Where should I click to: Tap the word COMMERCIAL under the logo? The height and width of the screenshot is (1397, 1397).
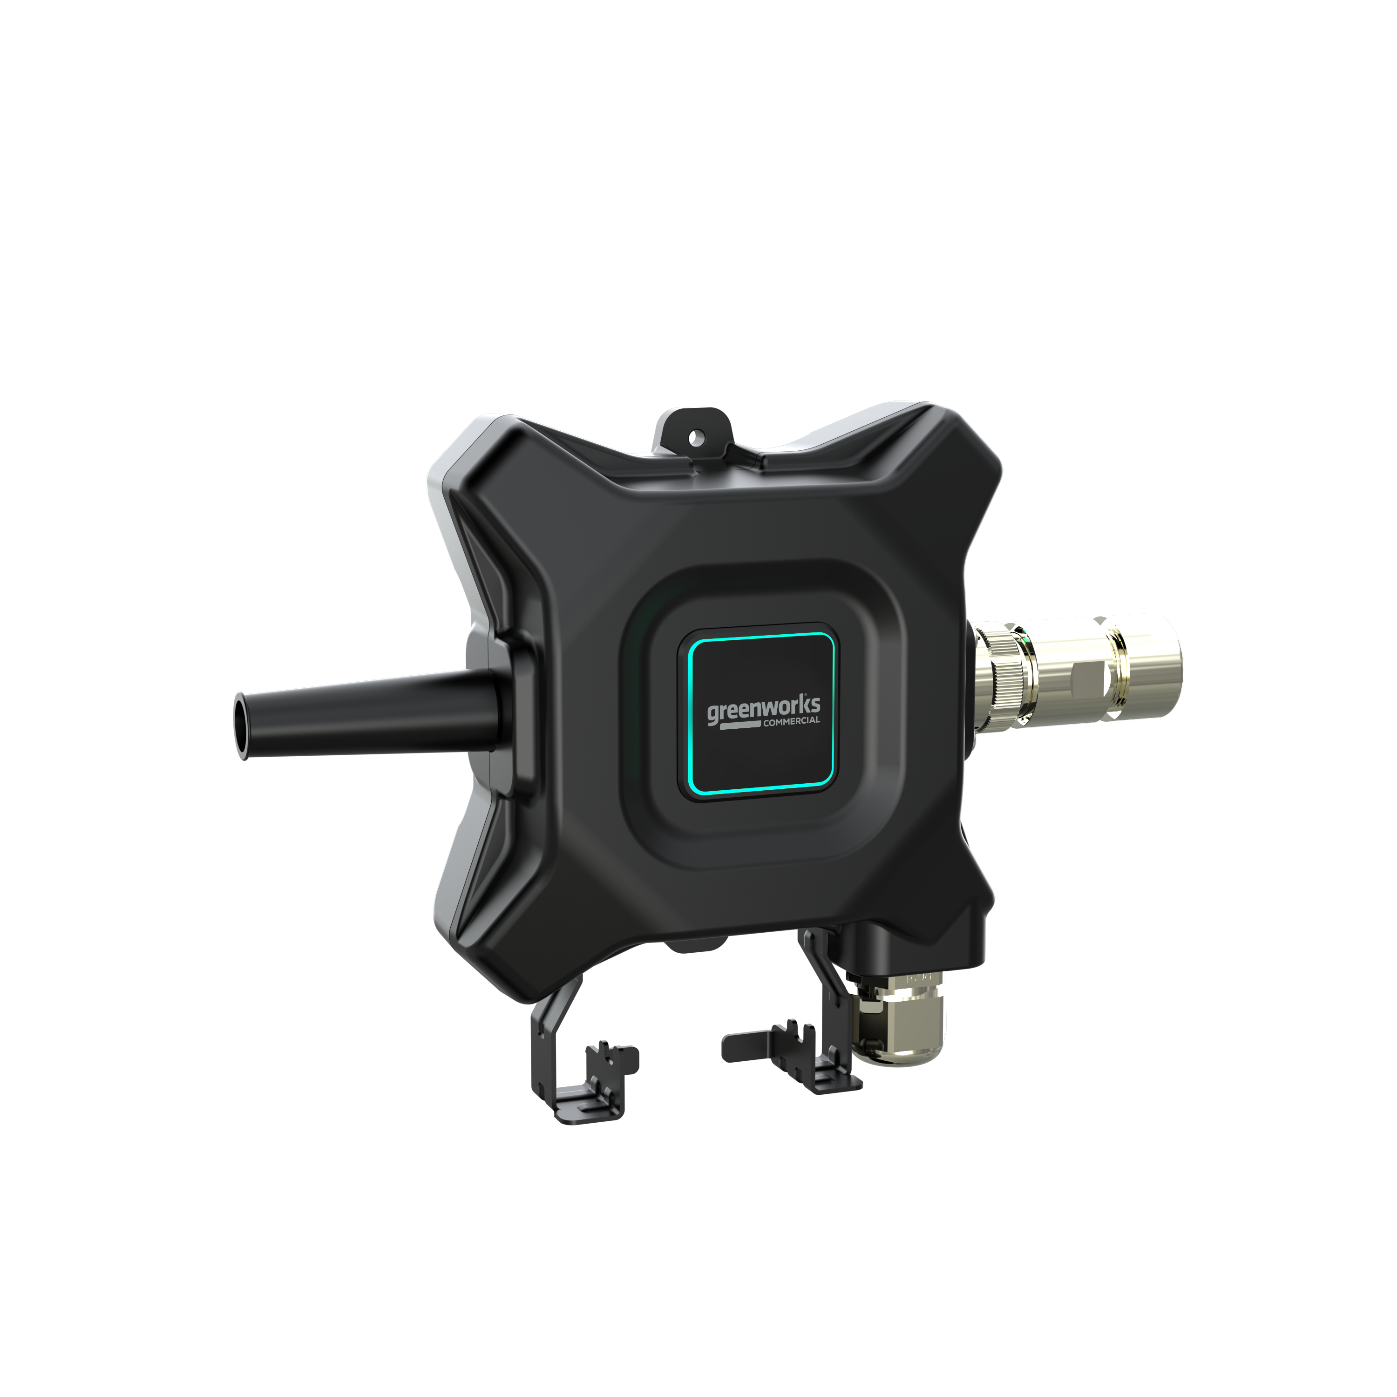tap(792, 721)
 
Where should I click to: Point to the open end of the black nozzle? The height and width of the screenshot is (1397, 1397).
tap(242, 725)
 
